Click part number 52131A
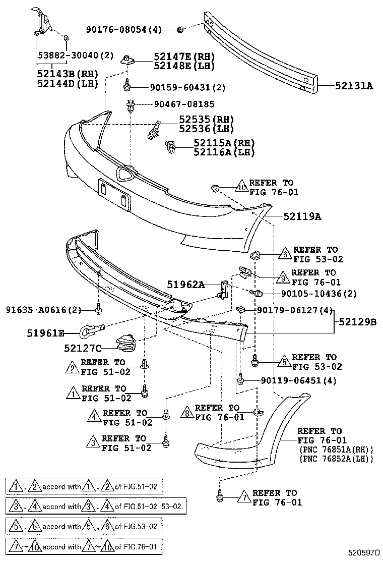(x=354, y=86)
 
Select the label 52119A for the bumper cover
(x=302, y=216)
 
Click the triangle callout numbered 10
(x=242, y=187)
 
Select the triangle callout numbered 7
(x=244, y=497)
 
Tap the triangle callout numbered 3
(x=93, y=443)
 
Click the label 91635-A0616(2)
(x=43, y=309)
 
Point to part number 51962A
(x=186, y=285)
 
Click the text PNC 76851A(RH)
(x=336, y=450)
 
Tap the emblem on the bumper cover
(x=123, y=174)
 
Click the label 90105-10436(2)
(x=311, y=293)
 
